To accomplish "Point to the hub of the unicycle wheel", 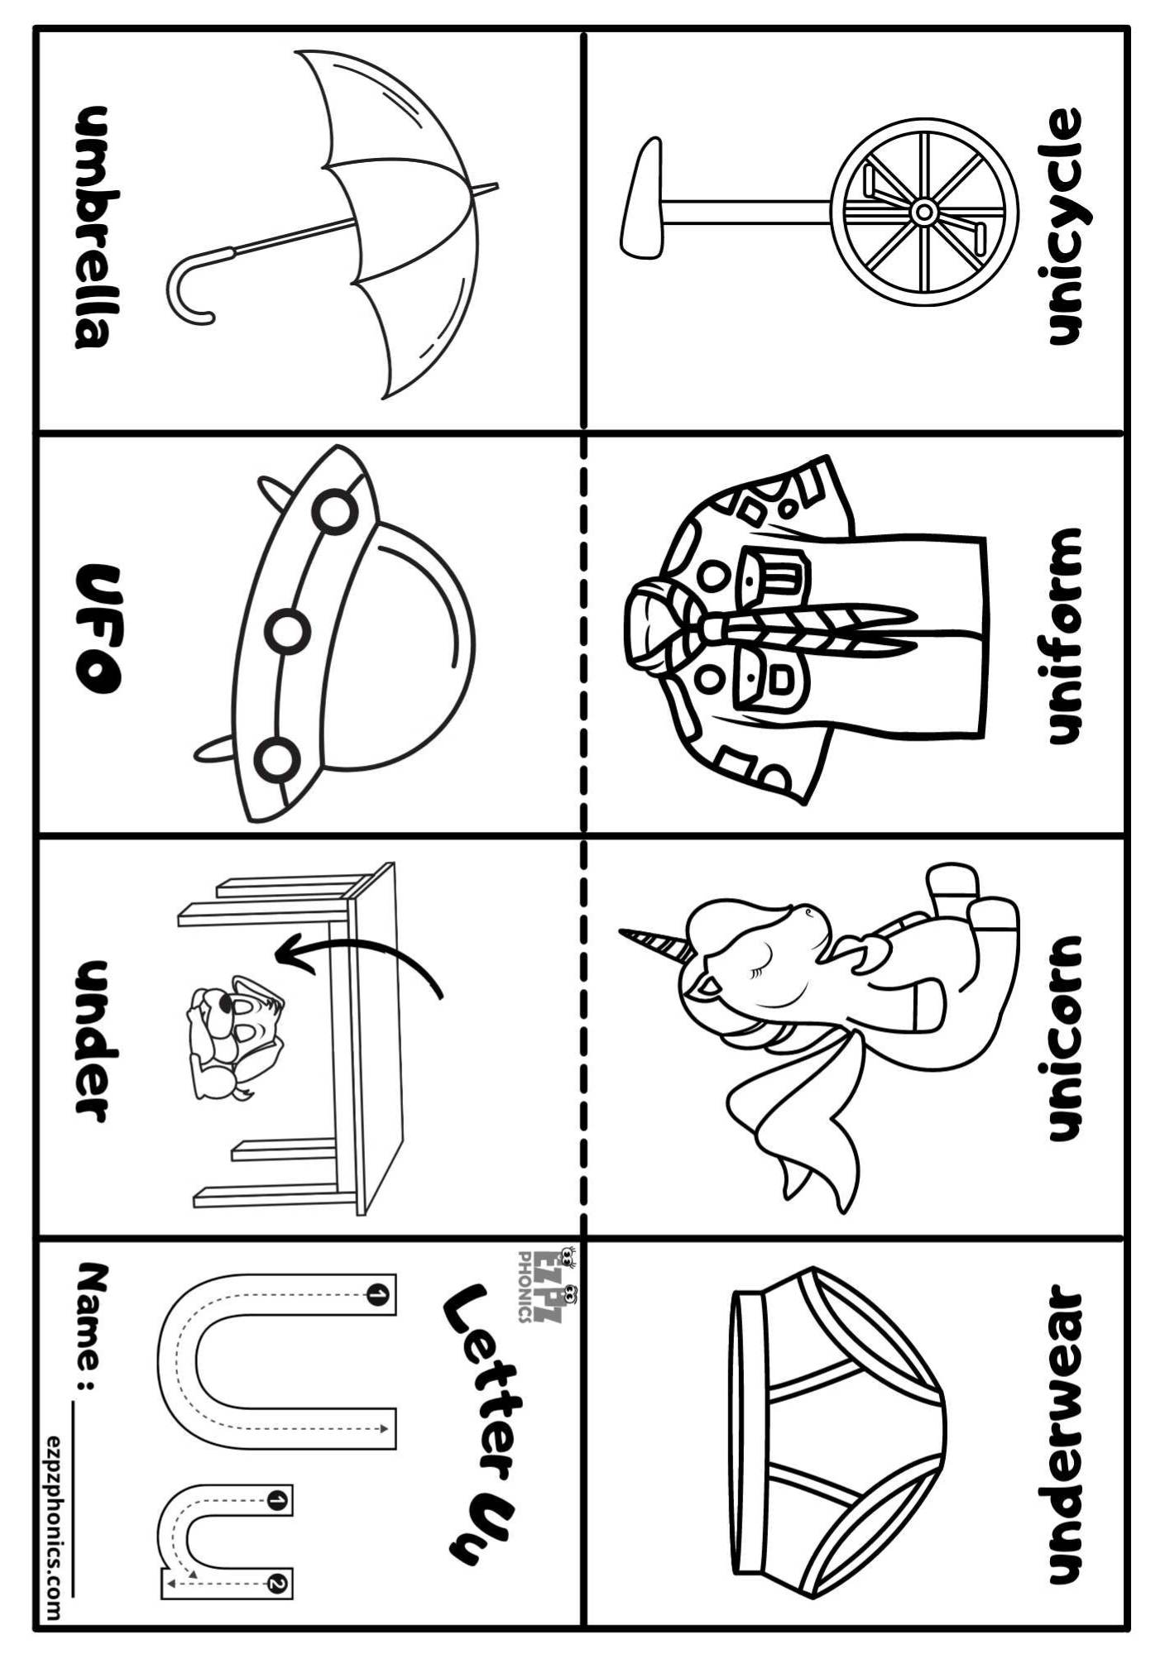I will coord(923,213).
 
